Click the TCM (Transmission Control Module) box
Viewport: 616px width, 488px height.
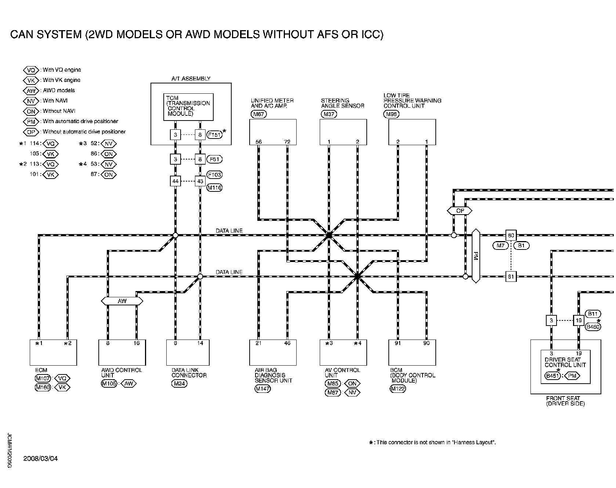(x=188, y=107)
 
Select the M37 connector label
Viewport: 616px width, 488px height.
(x=329, y=114)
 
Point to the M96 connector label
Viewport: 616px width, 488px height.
(x=391, y=114)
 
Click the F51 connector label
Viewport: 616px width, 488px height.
(x=214, y=159)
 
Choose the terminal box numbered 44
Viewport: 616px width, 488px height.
(x=175, y=181)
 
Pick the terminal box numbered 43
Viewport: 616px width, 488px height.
(x=200, y=181)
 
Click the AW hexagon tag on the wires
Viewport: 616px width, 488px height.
(x=122, y=301)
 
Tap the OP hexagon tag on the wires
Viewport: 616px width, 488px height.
(x=460, y=211)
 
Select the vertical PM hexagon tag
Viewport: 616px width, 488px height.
(x=476, y=256)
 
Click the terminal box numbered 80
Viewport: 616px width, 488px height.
(x=511, y=235)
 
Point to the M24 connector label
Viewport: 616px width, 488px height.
(x=179, y=384)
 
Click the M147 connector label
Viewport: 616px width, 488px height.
(x=262, y=389)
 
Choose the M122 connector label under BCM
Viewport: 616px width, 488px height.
(x=398, y=389)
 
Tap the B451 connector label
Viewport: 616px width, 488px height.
(x=552, y=376)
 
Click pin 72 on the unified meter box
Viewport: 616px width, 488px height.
(x=287, y=142)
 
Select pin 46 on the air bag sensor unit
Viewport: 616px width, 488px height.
(x=287, y=343)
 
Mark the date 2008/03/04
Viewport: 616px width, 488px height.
(x=40, y=459)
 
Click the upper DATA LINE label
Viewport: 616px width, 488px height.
(x=229, y=231)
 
